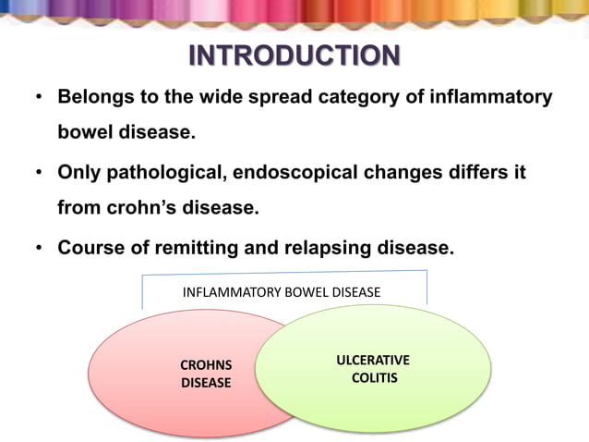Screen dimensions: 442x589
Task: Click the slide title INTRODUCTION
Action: click(294, 56)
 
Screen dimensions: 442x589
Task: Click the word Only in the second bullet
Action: click(78, 172)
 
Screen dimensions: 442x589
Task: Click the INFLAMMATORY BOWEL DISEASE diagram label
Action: click(282, 292)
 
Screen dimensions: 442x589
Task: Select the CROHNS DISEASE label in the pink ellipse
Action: click(206, 374)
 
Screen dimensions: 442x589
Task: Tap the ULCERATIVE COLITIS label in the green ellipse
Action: click(374, 368)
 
